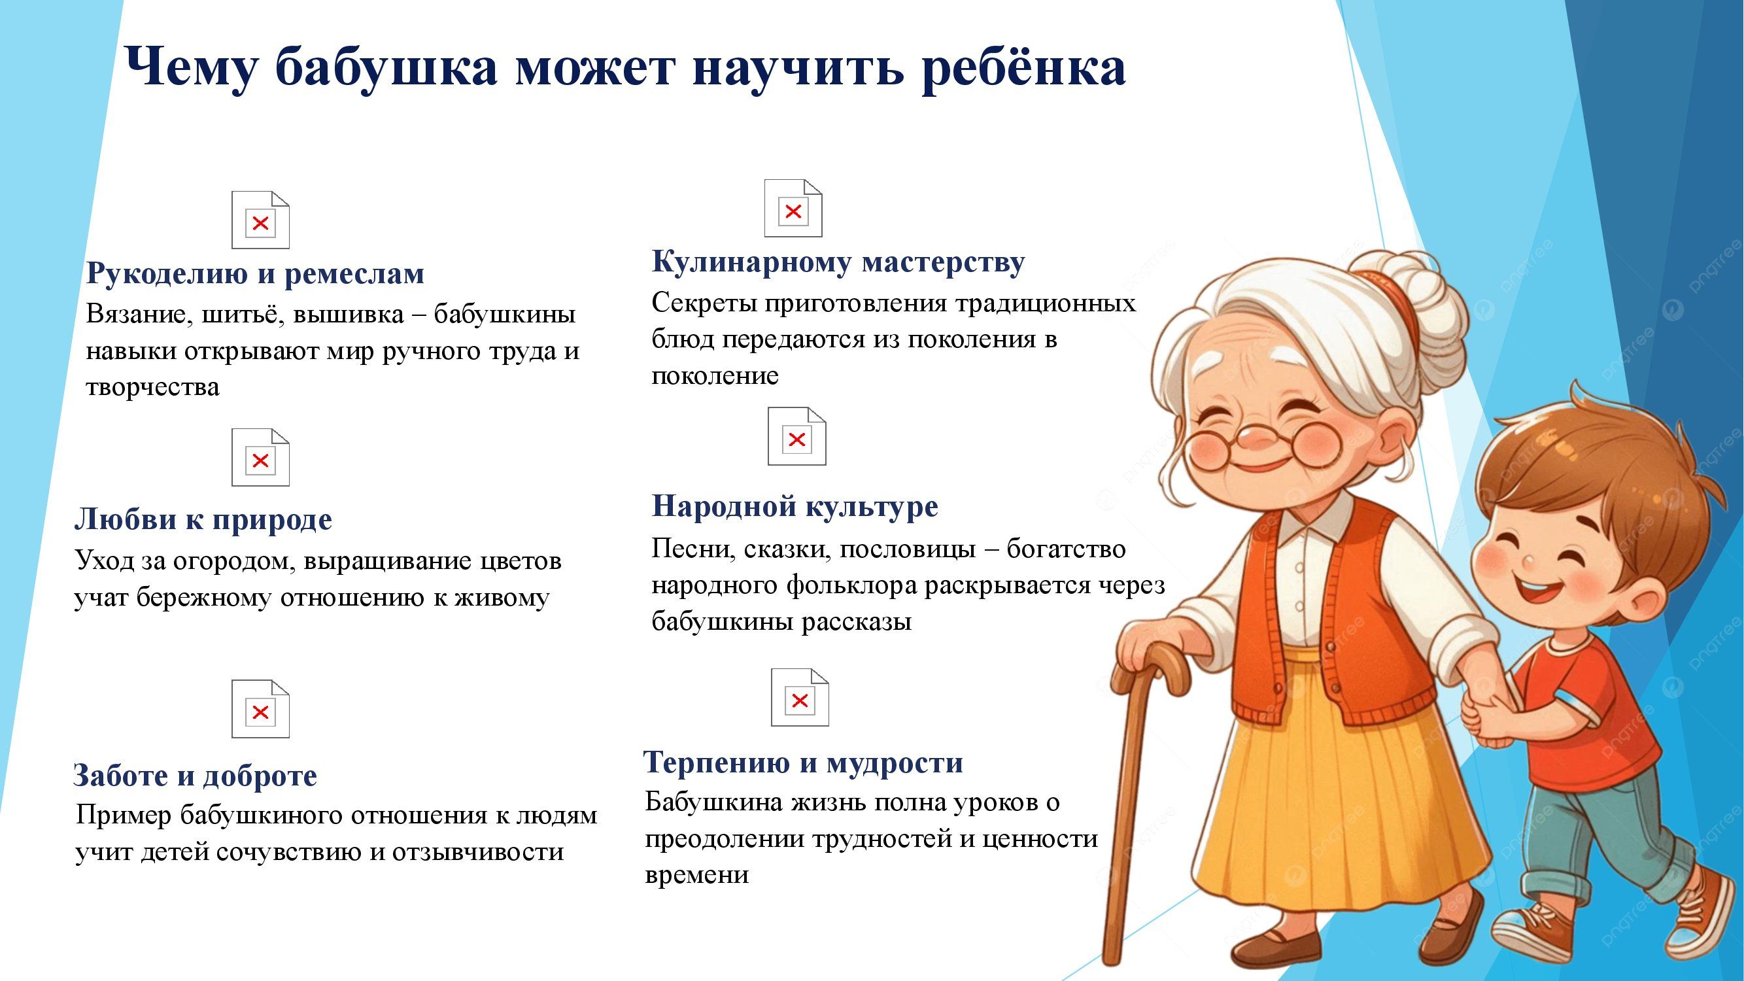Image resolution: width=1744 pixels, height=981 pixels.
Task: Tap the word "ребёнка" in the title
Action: click(1023, 69)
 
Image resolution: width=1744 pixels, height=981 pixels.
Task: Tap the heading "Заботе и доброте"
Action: click(195, 776)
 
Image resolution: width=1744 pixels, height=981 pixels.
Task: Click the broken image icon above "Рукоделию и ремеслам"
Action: click(260, 220)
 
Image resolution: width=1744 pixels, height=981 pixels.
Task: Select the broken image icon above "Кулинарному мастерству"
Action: click(793, 208)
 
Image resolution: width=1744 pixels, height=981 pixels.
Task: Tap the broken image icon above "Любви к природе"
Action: click(260, 457)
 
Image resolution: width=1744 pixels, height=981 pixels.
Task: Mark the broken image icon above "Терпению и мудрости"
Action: click(800, 697)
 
